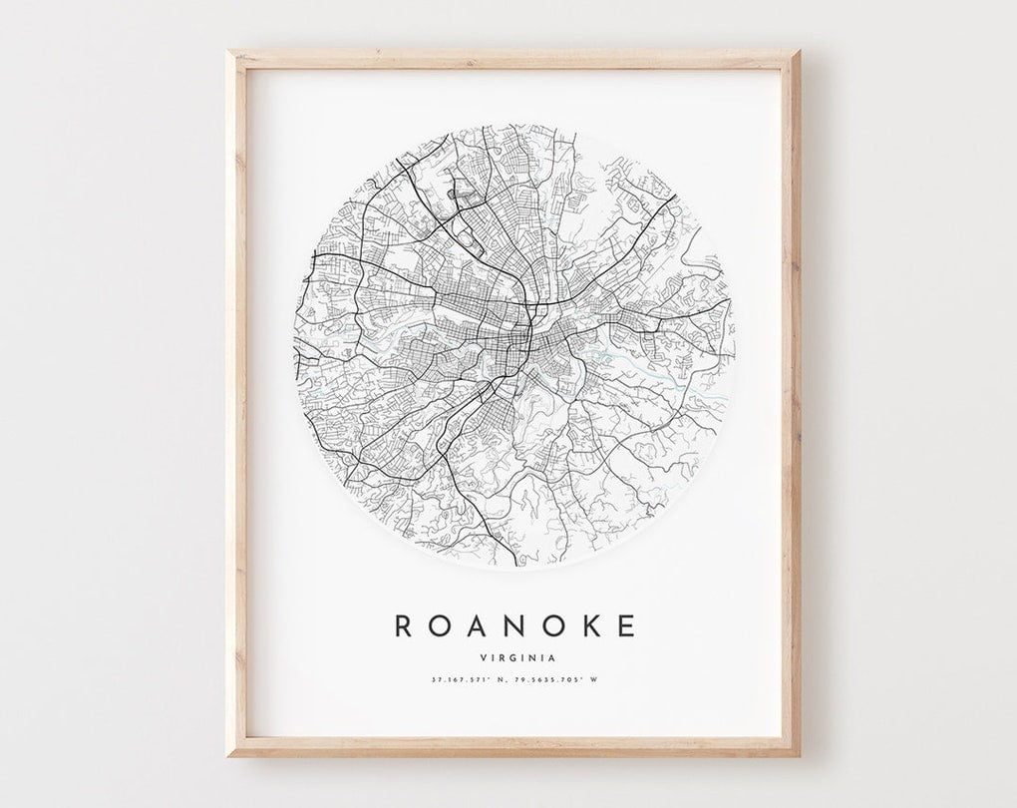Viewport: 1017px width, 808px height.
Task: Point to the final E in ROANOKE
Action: coord(625,626)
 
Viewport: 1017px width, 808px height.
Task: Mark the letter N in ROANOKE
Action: coord(513,626)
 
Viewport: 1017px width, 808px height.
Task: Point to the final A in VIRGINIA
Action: coord(551,657)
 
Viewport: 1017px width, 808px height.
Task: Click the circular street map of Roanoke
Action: coord(514,344)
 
